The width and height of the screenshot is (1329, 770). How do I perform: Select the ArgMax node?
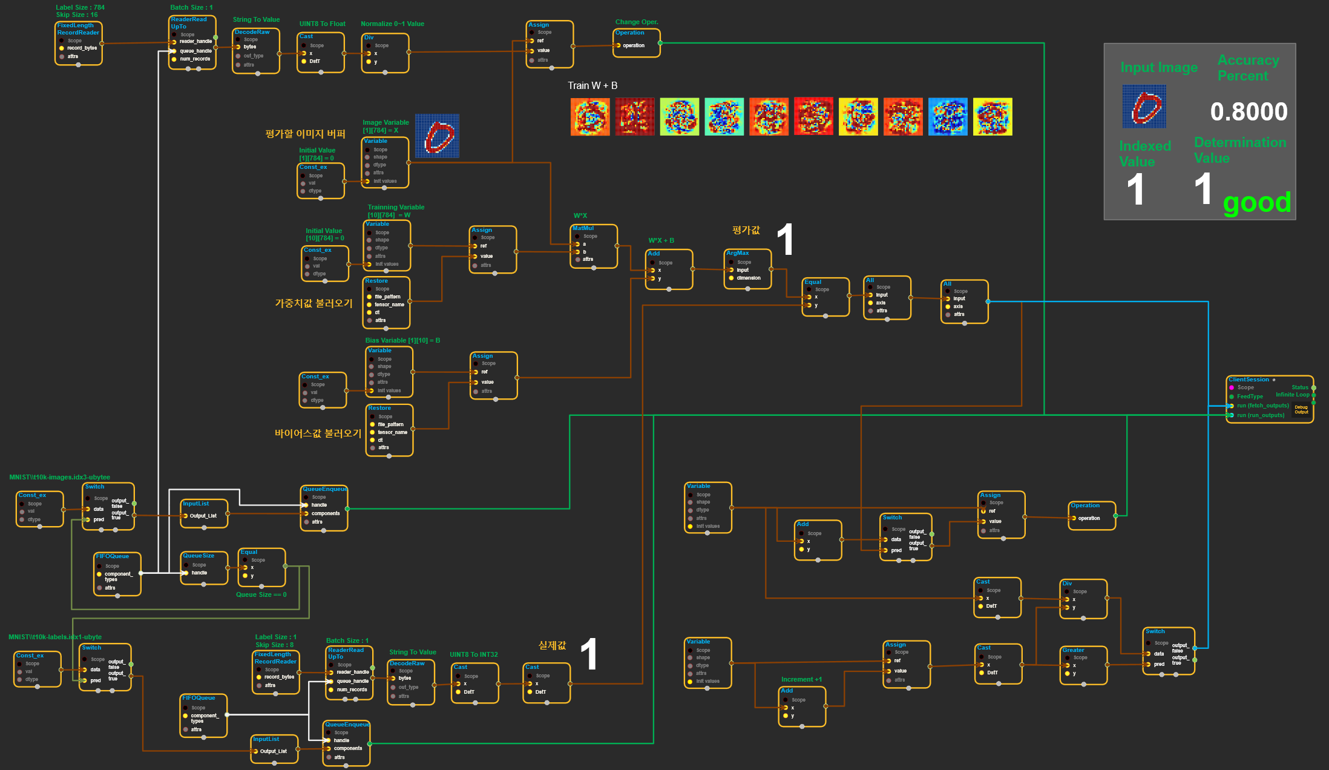(x=747, y=269)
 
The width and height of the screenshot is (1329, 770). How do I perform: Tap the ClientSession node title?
(x=1249, y=380)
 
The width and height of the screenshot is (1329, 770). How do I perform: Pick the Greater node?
(x=1083, y=665)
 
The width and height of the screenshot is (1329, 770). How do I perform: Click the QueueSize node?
(x=204, y=568)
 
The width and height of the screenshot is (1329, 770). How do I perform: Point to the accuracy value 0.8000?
(x=1249, y=111)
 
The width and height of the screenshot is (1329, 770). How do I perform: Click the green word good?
(x=1256, y=203)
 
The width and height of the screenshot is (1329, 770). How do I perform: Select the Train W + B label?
(x=592, y=86)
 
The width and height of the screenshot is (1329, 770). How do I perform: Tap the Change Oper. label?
(x=637, y=22)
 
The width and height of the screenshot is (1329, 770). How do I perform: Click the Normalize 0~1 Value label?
(x=392, y=24)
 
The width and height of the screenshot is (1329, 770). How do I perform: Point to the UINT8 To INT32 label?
(x=474, y=654)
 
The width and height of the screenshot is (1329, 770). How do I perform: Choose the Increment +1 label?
(x=801, y=679)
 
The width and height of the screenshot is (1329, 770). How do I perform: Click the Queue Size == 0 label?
(x=261, y=594)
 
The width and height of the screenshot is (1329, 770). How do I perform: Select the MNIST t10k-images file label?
(x=59, y=477)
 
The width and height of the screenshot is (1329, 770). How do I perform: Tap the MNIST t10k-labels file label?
(x=55, y=637)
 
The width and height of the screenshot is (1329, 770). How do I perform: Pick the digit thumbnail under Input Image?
(x=1144, y=107)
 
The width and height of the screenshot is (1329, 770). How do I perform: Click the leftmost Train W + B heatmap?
(x=590, y=117)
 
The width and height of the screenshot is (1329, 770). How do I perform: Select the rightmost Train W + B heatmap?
(x=993, y=117)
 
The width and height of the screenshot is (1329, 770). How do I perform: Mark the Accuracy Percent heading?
(x=1248, y=68)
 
